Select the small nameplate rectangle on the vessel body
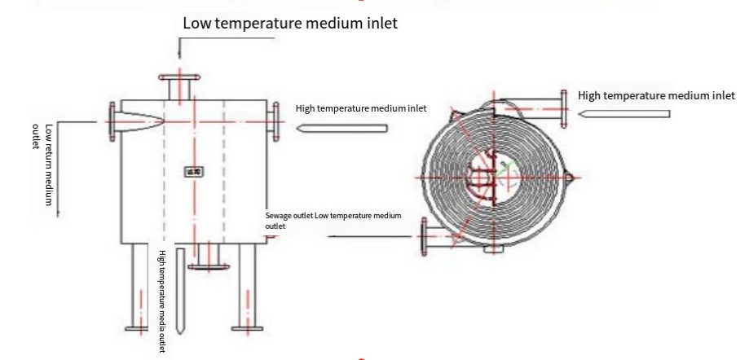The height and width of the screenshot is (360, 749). (x=193, y=171)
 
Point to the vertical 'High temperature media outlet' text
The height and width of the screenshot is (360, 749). (x=162, y=289)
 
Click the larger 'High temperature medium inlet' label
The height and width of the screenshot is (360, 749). (x=656, y=95)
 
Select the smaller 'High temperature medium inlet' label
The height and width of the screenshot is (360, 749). (x=360, y=108)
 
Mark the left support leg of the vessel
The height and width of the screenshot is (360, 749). (x=135, y=289)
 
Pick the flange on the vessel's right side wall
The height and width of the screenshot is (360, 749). (x=274, y=123)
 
